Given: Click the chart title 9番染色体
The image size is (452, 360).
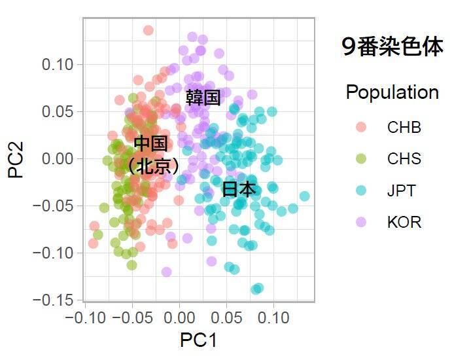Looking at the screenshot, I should pos(392,47).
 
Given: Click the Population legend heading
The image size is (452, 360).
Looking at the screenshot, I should pos(392,92).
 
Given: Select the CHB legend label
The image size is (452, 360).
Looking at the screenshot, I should pos(404,128).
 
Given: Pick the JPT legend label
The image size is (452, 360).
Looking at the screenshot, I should pos(402,190).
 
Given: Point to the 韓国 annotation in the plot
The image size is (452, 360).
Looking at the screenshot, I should pos(203,98).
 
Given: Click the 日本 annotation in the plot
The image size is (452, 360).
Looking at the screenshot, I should pos(238,189).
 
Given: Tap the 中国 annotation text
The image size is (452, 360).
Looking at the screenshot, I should pos(150,143).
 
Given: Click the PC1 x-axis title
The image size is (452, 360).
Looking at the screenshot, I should pos(198,340).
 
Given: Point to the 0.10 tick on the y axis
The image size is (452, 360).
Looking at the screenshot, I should pos(60,64).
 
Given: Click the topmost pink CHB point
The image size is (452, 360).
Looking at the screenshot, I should pos(148,30).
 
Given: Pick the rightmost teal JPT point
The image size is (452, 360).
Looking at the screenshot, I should pos(304,196).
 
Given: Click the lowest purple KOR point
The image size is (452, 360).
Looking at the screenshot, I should pos(166,272).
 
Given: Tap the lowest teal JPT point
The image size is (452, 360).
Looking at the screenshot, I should pos(258,288).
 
